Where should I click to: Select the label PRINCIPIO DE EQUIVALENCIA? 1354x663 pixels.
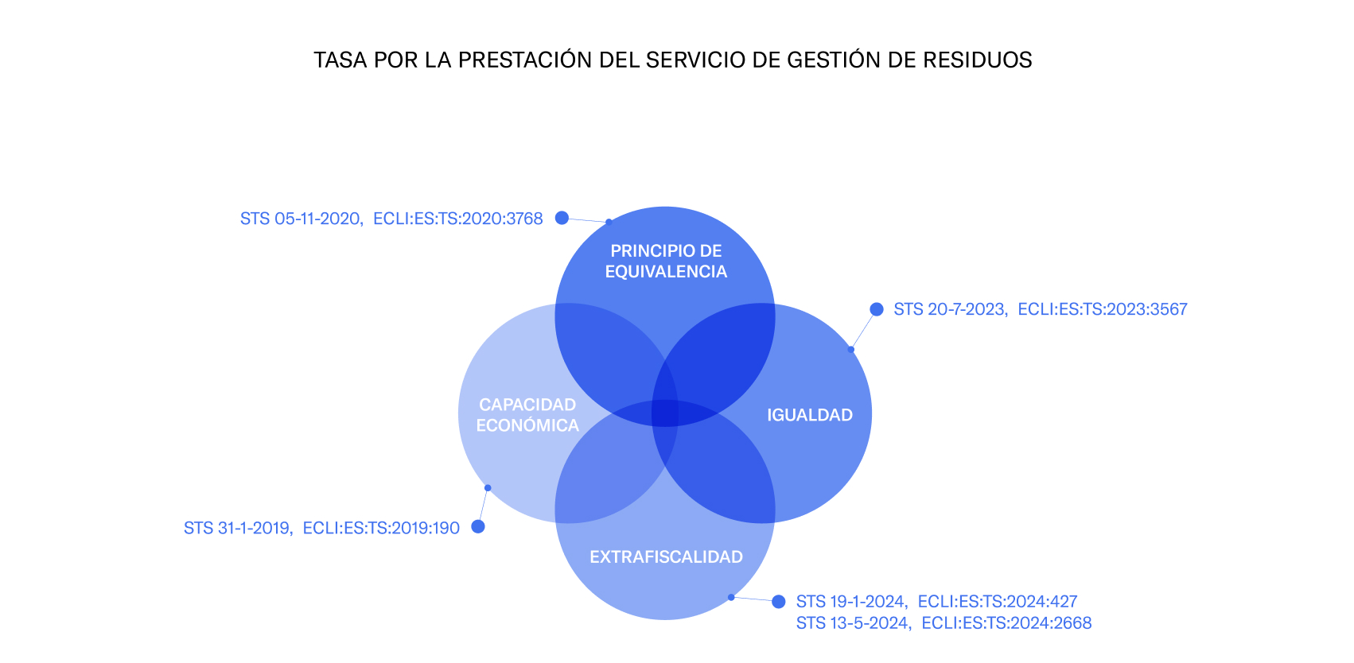666,261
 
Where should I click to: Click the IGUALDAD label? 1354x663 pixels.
809,415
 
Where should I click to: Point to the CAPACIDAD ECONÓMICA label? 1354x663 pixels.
527,415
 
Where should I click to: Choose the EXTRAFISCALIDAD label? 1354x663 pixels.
666,556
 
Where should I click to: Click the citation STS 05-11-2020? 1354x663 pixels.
302,219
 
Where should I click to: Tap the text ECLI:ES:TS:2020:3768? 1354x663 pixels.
457,219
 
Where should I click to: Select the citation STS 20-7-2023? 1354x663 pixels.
950,309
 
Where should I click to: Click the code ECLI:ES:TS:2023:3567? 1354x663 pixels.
1103,309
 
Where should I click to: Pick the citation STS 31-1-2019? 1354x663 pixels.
238,528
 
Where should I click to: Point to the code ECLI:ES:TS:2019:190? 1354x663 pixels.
381,528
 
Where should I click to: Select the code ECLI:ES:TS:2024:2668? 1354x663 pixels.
1006,622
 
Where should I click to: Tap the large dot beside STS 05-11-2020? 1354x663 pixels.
562,218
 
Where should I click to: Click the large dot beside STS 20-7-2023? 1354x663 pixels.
877,309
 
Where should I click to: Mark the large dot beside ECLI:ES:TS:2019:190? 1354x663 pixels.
478,526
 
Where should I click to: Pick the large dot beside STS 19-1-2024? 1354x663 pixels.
779,602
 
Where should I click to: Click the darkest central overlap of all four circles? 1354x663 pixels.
665,413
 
